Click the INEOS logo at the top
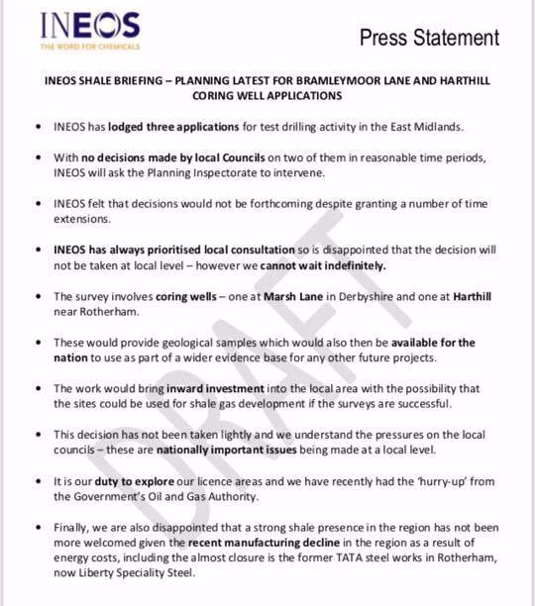point(90,25)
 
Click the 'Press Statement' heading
point(429,38)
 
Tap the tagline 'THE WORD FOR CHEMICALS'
point(90,47)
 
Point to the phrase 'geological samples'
point(199,343)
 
